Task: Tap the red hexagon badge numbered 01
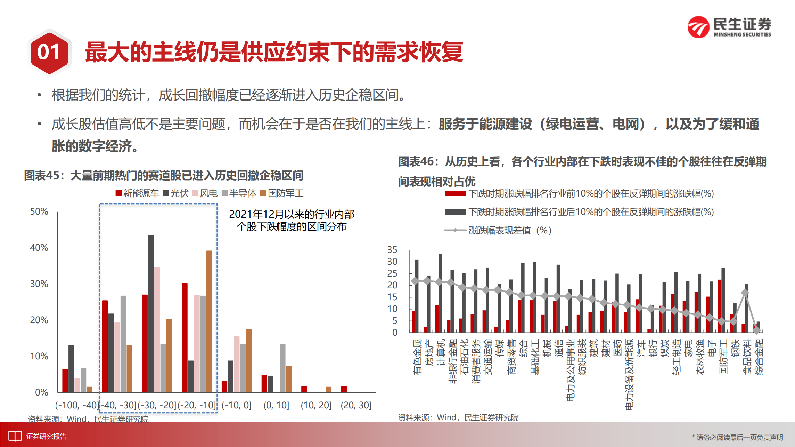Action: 49,53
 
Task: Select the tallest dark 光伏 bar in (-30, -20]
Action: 151,313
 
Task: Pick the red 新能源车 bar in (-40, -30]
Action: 105,346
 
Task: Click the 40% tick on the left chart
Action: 39,248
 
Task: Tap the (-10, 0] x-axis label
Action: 236,405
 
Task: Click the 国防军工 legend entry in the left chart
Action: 282,193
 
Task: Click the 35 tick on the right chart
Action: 392,250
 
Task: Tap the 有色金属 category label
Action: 417,357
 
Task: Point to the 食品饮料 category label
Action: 746,357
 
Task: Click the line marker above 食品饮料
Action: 745,293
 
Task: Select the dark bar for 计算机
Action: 440,293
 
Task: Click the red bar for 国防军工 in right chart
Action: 720,306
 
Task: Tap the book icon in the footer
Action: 15,436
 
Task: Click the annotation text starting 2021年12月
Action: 292,220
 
